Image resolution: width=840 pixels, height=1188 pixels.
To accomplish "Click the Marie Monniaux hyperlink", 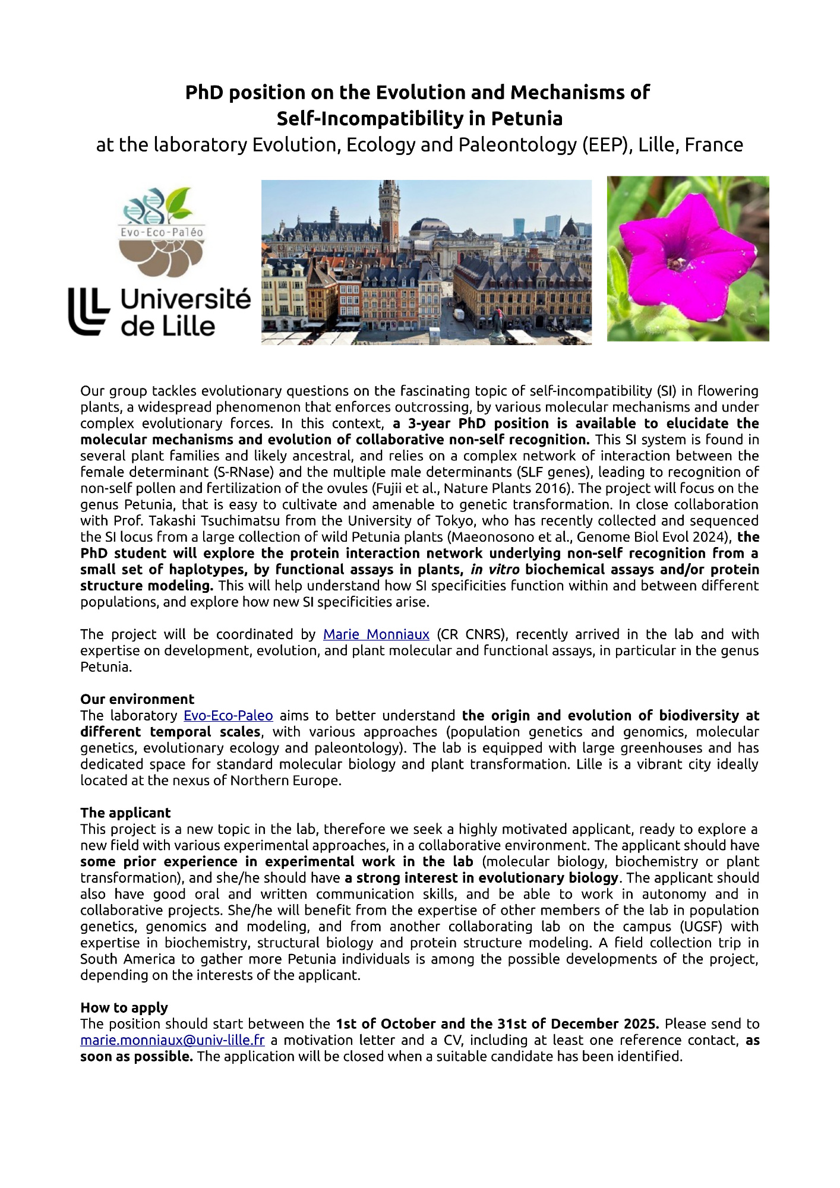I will [x=376, y=634].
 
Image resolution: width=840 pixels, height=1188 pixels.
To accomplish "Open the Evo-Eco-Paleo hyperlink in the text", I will [x=228, y=716].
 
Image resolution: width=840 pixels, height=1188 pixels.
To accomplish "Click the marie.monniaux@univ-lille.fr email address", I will [x=172, y=1040].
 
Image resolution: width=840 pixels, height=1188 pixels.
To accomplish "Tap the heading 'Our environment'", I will [x=137, y=699].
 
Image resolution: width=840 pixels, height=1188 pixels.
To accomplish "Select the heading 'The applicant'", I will [x=125, y=813].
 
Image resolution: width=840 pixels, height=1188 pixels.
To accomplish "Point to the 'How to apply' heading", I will [x=124, y=1007].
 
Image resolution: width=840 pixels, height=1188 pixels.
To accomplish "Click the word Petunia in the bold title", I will [x=526, y=119].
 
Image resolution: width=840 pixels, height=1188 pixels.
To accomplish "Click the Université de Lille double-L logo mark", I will [x=89, y=311].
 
